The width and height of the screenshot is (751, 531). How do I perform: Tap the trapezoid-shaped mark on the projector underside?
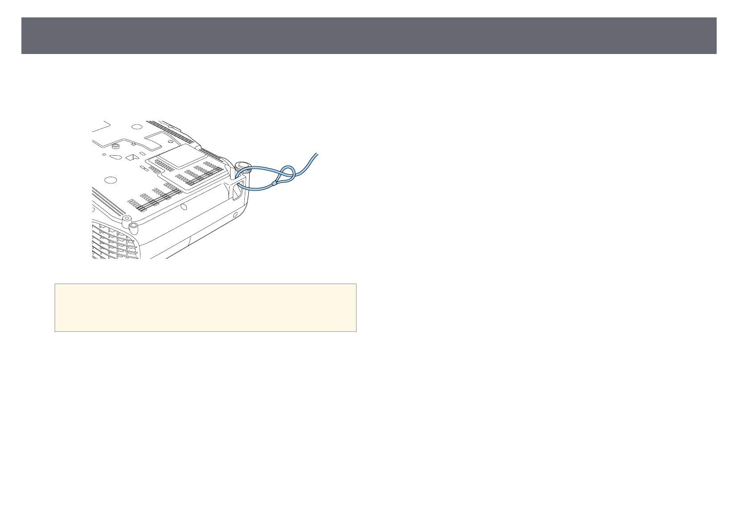(x=132, y=157)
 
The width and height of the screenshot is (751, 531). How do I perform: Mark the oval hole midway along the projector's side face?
(x=184, y=207)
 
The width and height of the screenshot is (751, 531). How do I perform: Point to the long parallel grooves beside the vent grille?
(x=109, y=200)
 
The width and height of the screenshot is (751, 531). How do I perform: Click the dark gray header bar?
(x=368, y=36)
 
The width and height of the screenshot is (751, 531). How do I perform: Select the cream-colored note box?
(x=206, y=307)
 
